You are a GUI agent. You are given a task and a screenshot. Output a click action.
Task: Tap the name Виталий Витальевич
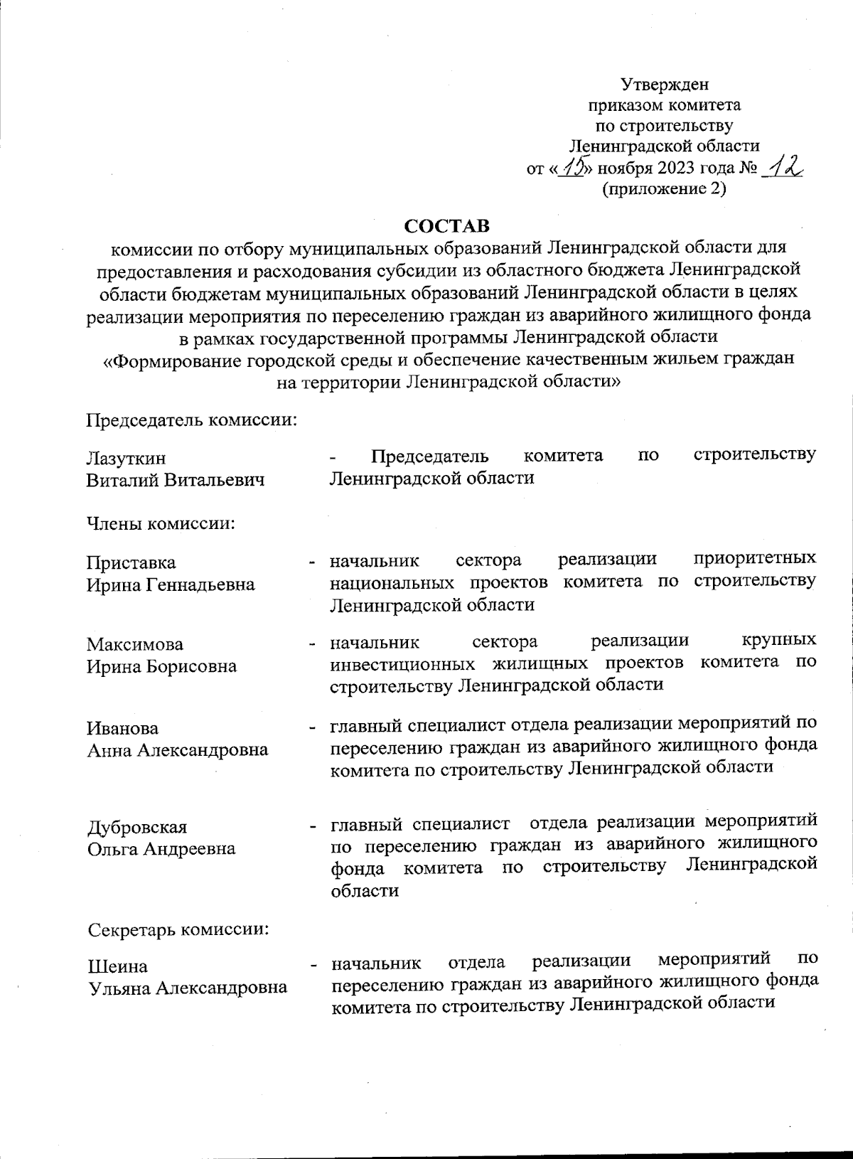tap(175, 480)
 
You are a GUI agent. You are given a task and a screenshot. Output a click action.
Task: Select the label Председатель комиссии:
tap(191, 420)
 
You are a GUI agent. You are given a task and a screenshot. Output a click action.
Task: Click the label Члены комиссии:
tap(161, 525)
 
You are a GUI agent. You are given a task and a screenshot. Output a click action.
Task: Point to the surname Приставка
tap(131, 562)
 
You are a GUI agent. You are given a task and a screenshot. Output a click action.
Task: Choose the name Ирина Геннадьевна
tap(171, 584)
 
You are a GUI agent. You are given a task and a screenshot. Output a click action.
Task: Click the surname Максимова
tap(134, 644)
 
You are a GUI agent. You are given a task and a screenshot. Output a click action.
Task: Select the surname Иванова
tap(122, 728)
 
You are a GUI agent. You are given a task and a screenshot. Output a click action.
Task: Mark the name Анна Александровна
tap(177, 750)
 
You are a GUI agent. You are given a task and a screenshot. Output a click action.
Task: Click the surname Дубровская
tap(136, 827)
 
